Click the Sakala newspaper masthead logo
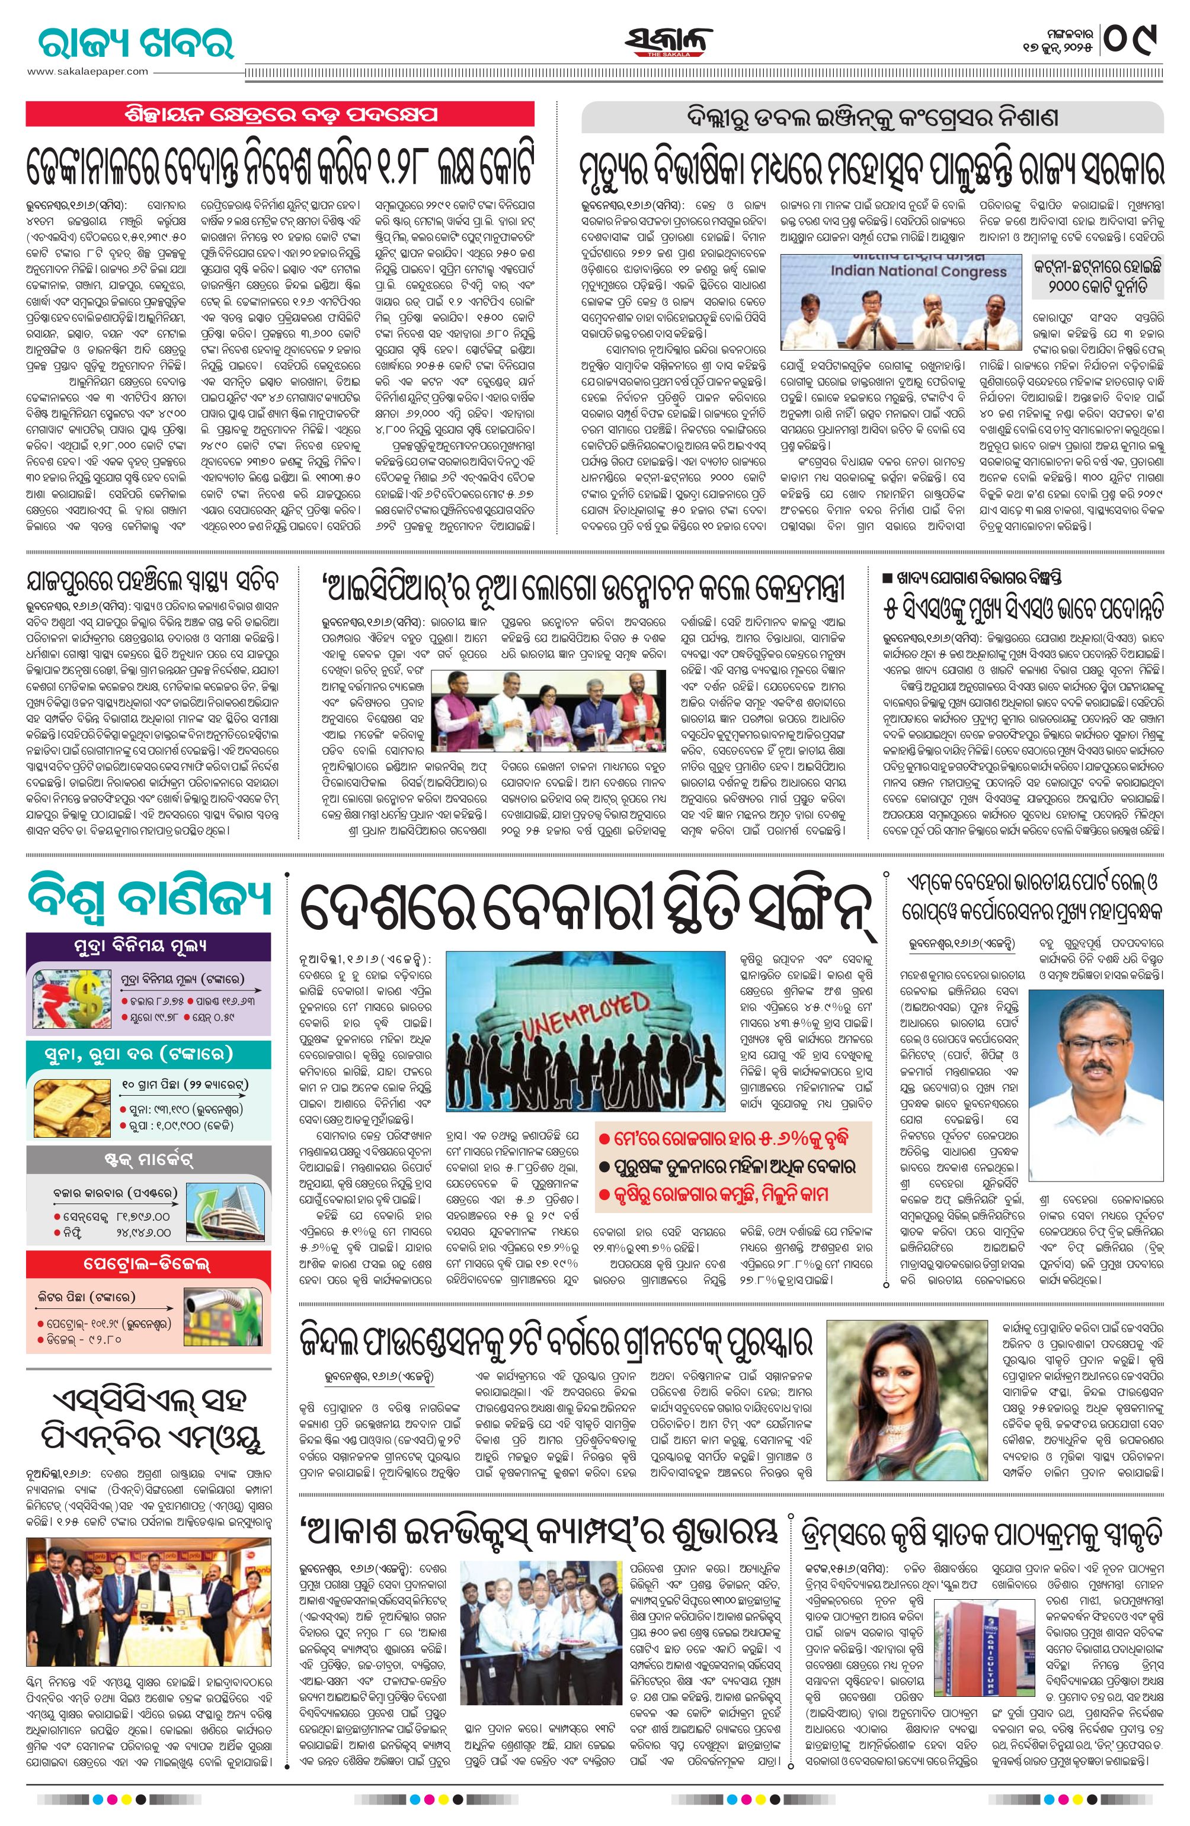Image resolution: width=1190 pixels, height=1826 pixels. pyautogui.click(x=667, y=42)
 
